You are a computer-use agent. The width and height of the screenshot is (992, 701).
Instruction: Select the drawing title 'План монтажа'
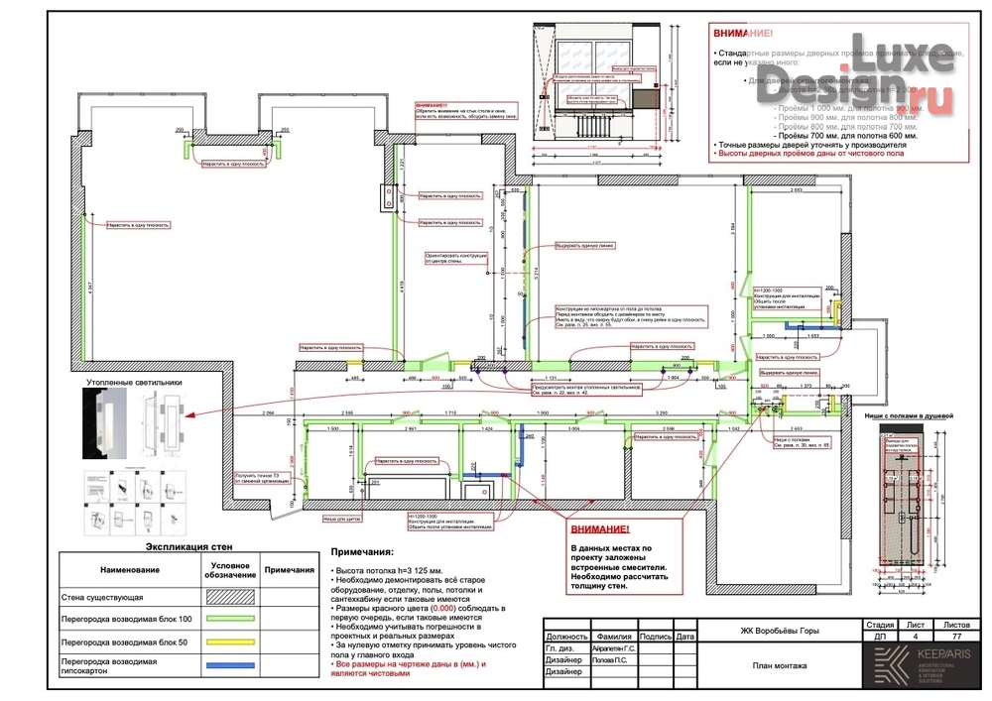coord(780,665)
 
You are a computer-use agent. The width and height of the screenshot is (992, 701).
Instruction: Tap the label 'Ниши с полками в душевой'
coord(909,403)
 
